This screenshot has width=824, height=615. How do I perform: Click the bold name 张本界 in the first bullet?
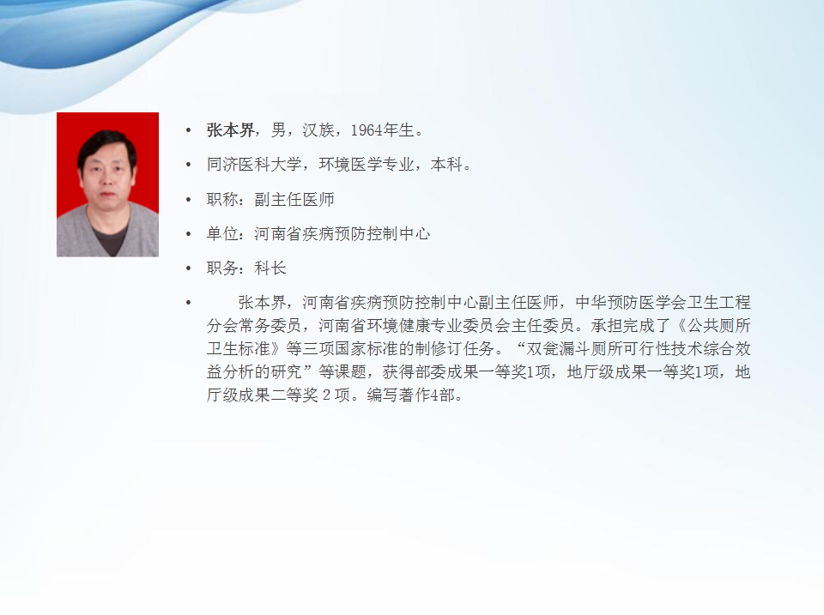[x=230, y=130]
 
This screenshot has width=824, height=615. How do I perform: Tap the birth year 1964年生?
[x=382, y=130]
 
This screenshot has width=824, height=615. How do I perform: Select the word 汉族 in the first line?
[x=318, y=130]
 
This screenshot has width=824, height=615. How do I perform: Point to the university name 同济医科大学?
[x=254, y=165]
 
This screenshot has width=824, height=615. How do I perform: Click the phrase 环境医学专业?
[x=367, y=165]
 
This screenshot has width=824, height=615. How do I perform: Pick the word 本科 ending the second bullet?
[x=446, y=165]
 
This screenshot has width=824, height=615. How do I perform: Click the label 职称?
[x=222, y=199]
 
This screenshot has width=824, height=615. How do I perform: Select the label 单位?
[x=222, y=233]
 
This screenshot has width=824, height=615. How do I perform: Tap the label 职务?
[x=222, y=268]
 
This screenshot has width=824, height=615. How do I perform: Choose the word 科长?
[x=270, y=268]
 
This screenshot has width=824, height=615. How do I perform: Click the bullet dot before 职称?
[x=189, y=200]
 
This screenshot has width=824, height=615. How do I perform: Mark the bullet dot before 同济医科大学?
[x=189, y=165]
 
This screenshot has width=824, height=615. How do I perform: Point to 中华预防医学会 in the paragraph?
[x=631, y=303]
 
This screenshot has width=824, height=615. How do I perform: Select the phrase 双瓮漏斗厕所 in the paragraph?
[x=574, y=349]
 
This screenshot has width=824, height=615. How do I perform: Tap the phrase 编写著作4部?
[x=410, y=395]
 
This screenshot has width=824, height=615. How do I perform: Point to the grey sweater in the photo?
[x=108, y=233]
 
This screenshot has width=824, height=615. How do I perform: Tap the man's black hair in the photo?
[x=106, y=144]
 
